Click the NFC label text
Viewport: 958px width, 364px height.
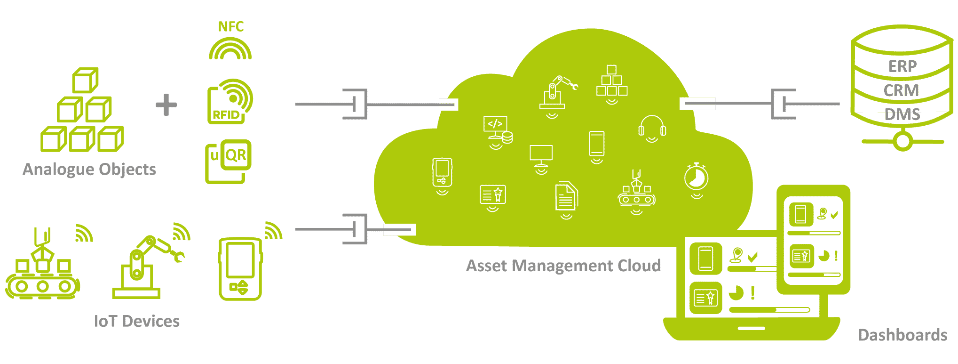point(231,27)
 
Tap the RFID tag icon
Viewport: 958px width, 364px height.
point(230,102)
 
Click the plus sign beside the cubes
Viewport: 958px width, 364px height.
point(166,105)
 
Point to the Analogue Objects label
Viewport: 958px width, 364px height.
point(89,170)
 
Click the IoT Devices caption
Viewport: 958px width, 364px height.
point(137,321)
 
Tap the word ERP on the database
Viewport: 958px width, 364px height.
point(903,66)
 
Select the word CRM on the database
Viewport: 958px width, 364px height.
point(901,90)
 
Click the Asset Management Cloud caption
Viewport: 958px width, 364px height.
point(563,266)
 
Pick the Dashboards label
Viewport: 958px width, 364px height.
point(903,335)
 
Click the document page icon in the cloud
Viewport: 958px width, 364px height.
point(566,196)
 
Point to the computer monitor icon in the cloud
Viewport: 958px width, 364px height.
point(541,155)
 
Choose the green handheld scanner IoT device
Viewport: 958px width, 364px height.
point(240,269)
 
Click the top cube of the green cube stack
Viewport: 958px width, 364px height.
point(85,81)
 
